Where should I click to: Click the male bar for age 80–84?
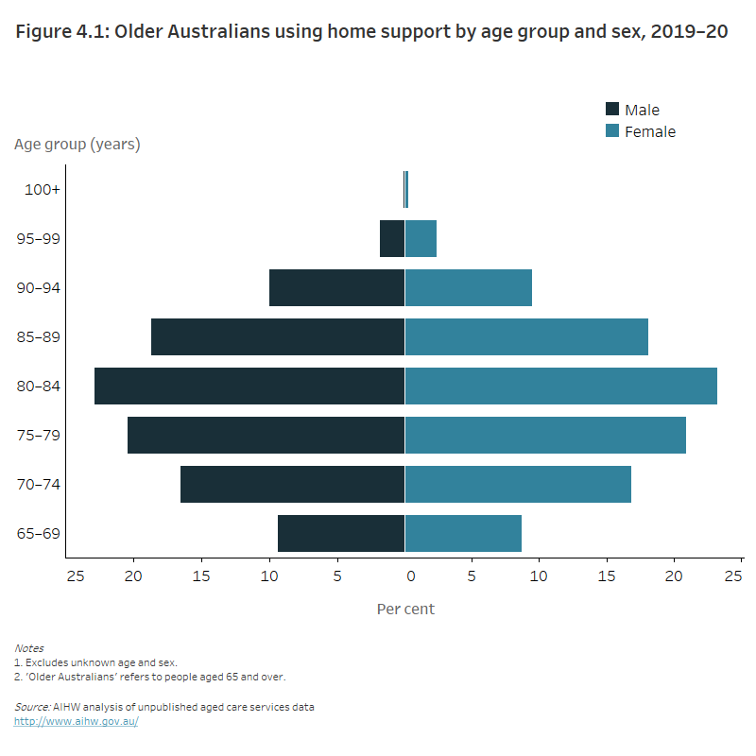click(249, 386)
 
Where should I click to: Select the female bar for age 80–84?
click(560, 386)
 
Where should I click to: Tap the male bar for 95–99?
click(392, 238)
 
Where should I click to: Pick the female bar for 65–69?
click(463, 533)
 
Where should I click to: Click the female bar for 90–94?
click(469, 287)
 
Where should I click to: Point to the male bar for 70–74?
click(292, 484)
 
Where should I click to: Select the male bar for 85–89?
click(278, 336)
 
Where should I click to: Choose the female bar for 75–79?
click(545, 435)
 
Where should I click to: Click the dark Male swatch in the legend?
click(612, 110)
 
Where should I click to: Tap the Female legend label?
click(650, 132)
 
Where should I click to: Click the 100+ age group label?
click(43, 189)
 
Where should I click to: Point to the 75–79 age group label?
click(40, 435)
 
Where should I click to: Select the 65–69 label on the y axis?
click(40, 533)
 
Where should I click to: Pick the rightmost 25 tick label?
click(733, 575)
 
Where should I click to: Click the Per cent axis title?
click(405, 609)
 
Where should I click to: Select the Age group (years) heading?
click(77, 145)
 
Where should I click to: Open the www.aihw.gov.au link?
click(76, 720)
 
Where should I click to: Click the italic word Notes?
click(28, 648)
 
